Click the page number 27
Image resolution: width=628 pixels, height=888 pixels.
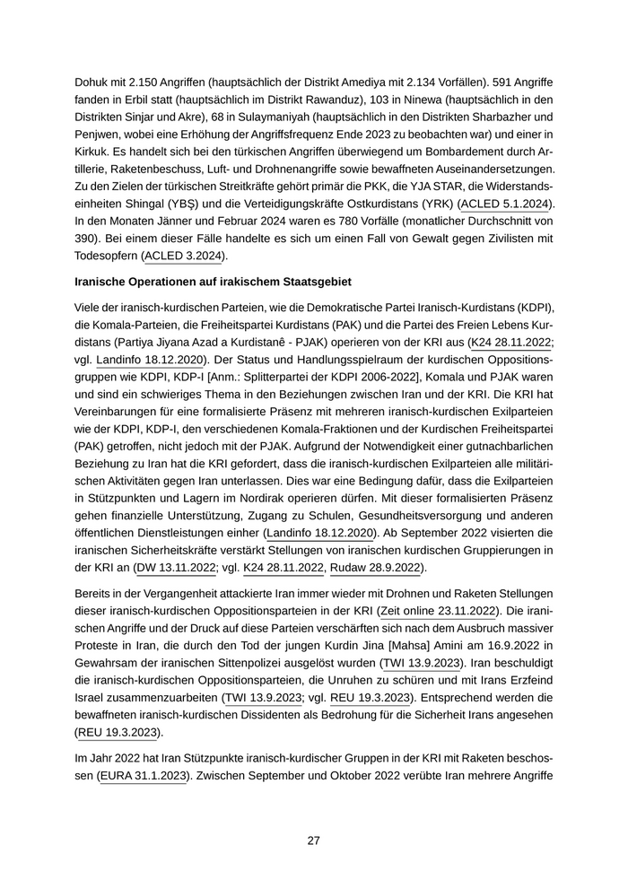313,840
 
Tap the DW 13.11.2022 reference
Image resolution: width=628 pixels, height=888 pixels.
176,568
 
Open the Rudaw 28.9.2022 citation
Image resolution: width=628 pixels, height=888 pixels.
375,568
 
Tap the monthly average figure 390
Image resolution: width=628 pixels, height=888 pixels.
88,239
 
